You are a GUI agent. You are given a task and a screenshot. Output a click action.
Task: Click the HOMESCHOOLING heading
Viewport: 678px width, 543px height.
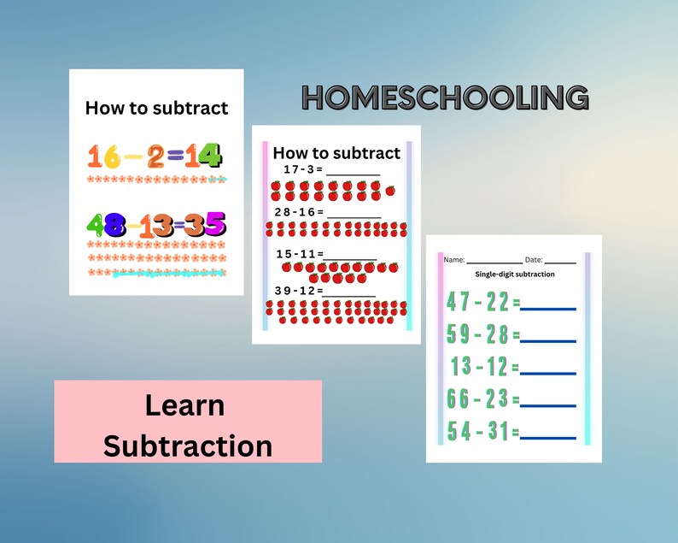click(x=445, y=98)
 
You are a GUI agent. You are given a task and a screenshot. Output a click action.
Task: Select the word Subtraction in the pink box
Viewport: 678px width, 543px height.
click(x=187, y=445)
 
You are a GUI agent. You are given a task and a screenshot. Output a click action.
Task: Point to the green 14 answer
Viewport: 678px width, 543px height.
click(x=204, y=156)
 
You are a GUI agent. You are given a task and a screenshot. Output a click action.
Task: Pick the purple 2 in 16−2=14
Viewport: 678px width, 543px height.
click(x=155, y=156)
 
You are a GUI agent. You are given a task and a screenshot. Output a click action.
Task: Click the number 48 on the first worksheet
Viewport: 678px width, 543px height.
click(x=107, y=225)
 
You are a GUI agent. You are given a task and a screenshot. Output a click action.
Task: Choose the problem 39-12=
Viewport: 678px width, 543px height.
click(x=297, y=291)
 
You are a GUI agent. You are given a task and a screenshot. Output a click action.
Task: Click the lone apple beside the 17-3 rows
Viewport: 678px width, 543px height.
click(x=390, y=191)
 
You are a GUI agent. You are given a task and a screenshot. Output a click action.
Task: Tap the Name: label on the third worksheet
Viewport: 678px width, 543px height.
click(x=453, y=259)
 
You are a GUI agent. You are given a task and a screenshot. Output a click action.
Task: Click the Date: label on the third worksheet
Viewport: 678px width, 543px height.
click(x=534, y=259)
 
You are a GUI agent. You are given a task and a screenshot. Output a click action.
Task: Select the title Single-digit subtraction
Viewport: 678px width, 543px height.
click(x=515, y=274)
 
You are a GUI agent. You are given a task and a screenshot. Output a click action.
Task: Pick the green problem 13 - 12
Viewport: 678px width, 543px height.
click(x=480, y=367)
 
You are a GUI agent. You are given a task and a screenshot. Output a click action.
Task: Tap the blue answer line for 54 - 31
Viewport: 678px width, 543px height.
click(x=548, y=438)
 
